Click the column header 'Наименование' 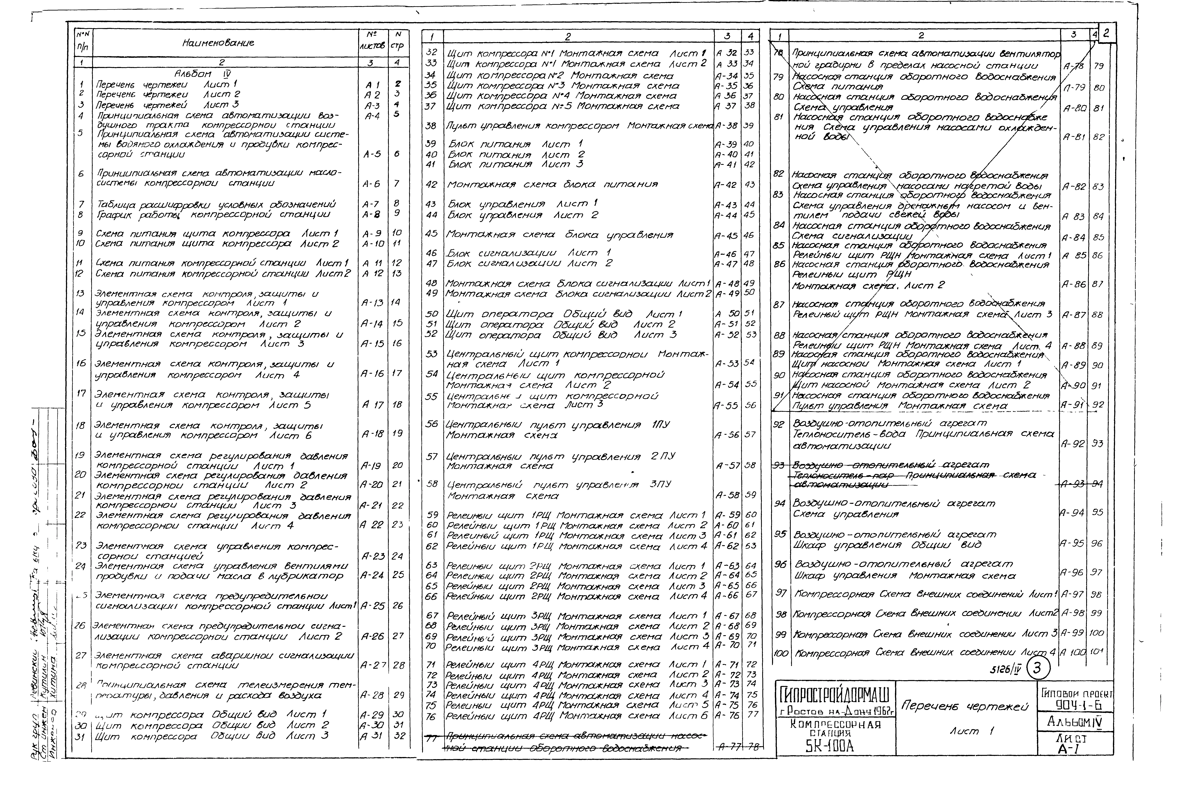(218, 43)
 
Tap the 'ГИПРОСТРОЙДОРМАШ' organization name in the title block (835, 694)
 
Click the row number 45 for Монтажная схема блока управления (432, 234)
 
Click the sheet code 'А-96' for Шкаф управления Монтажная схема (1071, 572)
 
